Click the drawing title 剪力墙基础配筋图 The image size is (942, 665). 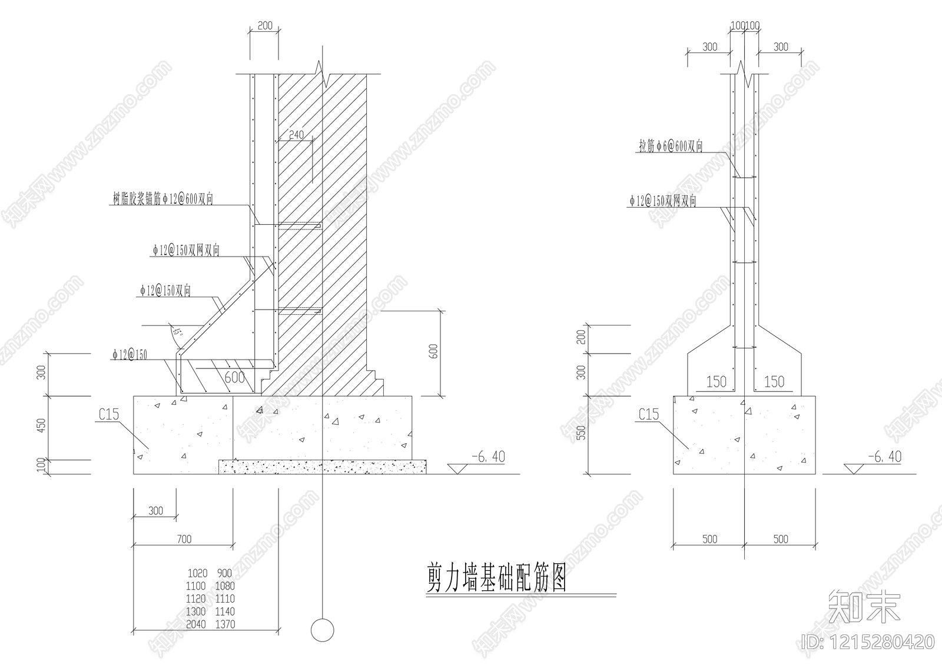(496, 578)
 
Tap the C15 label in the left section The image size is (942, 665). (109, 414)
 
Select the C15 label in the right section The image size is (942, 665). (649, 414)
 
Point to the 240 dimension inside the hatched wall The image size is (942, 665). (296, 135)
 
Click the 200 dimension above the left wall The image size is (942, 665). (266, 25)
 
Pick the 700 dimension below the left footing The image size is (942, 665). (184, 538)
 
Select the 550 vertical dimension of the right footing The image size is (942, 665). (582, 434)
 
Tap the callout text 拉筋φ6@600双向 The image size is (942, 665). (671, 147)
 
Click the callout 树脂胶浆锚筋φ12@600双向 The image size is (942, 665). (163, 199)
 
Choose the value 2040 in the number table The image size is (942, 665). (196, 624)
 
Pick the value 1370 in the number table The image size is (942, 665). (224, 624)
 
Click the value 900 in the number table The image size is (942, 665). (224, 573)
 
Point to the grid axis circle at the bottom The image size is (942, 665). (322, 630)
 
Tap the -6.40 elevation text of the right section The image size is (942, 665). (884, 457)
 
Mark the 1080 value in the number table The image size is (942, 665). (224, 586)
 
